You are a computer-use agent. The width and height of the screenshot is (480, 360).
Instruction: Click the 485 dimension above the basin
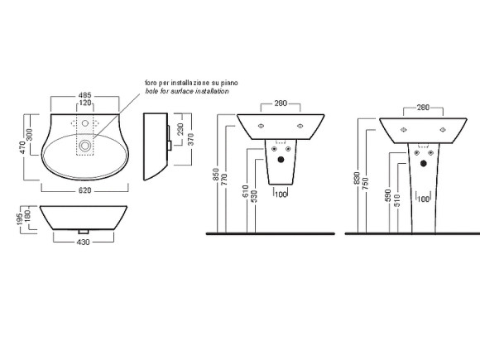tap(85, 95)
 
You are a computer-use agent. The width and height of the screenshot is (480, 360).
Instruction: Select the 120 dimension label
tap(85, 103)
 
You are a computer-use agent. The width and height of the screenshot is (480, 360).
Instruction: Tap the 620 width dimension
tap(84, 190)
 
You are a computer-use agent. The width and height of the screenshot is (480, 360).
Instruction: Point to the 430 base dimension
tap(84, 242)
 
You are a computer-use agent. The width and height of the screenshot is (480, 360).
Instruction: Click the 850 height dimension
tap(216, 174)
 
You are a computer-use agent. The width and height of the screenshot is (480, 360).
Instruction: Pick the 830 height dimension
tap(357, 178)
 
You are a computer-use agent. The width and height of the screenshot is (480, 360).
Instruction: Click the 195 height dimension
tap(20, 219)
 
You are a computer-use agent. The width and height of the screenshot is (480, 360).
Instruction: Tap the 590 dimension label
tap(387, 195)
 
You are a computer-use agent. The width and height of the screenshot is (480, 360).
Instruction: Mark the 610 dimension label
tap(246, 192)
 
